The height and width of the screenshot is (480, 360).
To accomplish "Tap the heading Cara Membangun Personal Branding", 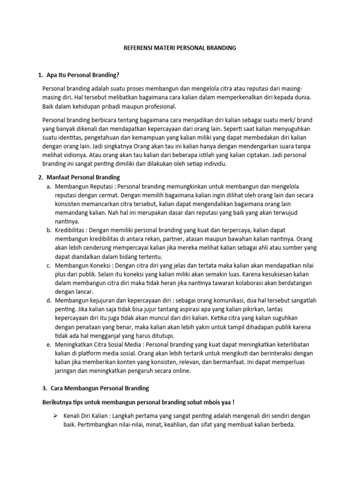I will click(97, 388).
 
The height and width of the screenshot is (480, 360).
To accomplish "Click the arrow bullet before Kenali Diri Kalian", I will click(46, 416).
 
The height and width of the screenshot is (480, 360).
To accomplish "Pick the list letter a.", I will click(49, 187).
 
